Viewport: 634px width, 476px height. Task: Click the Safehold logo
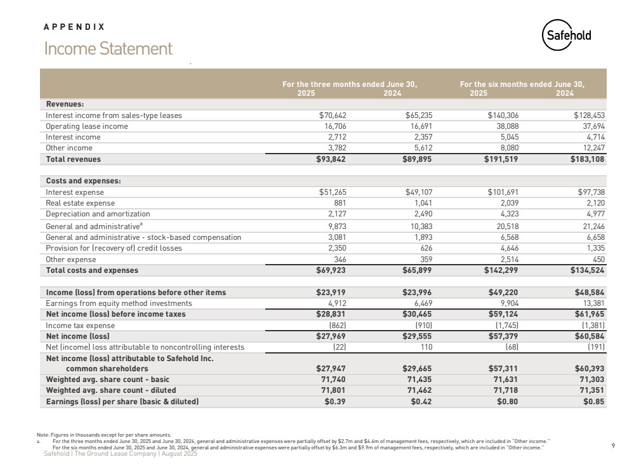click(x=567, y=36)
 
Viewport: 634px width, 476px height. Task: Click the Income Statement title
click(x=108, y=49)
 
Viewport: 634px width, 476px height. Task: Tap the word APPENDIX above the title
click(x=74, y=27)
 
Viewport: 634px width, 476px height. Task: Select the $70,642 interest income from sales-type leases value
click(x=332, y=116)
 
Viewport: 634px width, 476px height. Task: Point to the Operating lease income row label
click(x=86, y=126)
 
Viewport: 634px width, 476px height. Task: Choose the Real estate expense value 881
click(x=339, y=203)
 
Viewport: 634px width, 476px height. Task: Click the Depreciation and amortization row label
click(x=98, y=214)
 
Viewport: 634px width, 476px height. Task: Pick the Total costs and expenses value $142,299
click(x=499, y=270)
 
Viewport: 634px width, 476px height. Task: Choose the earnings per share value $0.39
click(x=334, y=402)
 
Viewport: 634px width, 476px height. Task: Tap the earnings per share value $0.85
click(x=593, y=402)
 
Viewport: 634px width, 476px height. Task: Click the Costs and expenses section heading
click(x=83, y=181)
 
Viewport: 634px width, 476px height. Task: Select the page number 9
click(x=613, y=446)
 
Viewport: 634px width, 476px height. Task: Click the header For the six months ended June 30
click(x=522, y=84)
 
